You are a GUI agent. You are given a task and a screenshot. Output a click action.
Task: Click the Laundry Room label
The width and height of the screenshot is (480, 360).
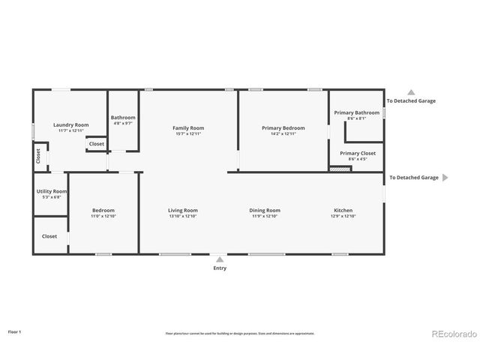70,124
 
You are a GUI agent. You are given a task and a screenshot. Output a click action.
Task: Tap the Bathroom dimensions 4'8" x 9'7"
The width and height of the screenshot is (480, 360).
123,124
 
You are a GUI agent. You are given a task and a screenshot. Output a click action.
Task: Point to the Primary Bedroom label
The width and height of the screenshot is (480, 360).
283,128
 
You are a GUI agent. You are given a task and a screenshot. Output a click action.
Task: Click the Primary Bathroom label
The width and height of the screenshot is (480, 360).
356,112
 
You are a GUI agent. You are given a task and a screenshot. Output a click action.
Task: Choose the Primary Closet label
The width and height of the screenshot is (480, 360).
358,153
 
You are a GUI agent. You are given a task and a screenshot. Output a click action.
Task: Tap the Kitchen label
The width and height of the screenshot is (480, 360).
343,210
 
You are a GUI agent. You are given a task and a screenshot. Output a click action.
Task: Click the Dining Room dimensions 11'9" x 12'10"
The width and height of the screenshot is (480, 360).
265,216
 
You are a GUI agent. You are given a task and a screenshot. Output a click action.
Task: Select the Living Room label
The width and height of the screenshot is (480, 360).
183,210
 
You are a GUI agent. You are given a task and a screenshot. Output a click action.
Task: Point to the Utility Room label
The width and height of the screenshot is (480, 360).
52,191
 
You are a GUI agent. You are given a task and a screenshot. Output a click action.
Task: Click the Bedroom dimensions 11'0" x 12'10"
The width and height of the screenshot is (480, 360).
103,216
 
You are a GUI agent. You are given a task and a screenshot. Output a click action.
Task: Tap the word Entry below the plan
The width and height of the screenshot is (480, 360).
219,268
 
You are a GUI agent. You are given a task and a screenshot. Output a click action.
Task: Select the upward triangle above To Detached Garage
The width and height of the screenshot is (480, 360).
410,91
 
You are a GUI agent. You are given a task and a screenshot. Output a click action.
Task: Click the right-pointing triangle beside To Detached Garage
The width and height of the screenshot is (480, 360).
445,178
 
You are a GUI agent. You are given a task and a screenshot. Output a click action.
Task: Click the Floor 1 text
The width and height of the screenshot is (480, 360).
15,331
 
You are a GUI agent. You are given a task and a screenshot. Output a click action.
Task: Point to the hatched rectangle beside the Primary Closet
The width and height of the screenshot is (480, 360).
340,169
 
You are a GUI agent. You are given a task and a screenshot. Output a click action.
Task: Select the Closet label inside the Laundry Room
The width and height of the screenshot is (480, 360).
97,143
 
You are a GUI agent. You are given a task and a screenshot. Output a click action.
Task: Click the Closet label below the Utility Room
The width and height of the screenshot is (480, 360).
49,235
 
